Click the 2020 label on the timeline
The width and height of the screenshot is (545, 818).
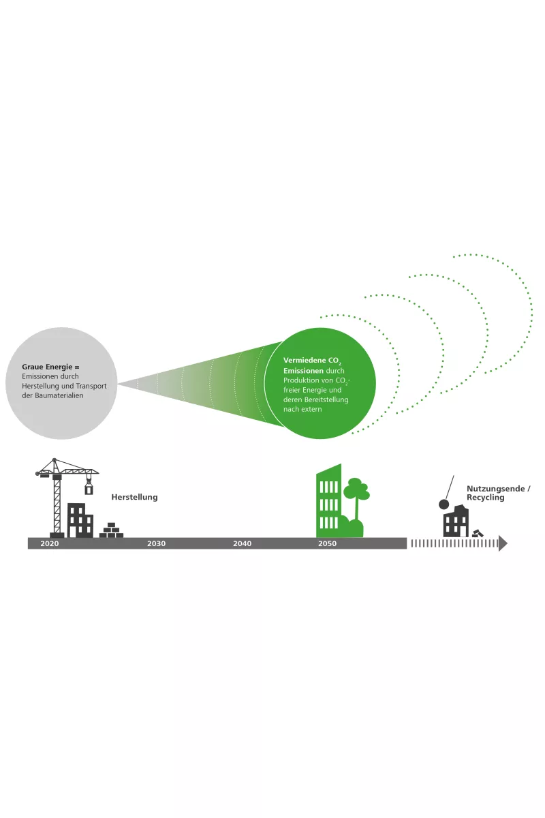coord(50,544)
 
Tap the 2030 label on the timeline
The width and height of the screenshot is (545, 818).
coord(156,544)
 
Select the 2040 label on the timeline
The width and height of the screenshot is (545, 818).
coord(242,544)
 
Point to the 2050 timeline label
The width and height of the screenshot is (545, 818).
coord(327,544)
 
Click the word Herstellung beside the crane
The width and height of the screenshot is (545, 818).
coord(134,498)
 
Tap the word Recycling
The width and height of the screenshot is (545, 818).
coord(486,498)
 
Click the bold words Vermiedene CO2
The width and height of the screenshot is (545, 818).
coord(311,359)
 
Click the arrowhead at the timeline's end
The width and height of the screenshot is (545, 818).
coord(503,543)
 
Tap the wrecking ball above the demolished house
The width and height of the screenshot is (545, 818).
coord(443,504)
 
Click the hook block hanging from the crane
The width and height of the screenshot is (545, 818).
coord(89,488)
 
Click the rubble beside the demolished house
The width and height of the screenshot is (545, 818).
coord(478,533)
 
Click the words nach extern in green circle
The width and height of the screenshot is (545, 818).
coord(302,410)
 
